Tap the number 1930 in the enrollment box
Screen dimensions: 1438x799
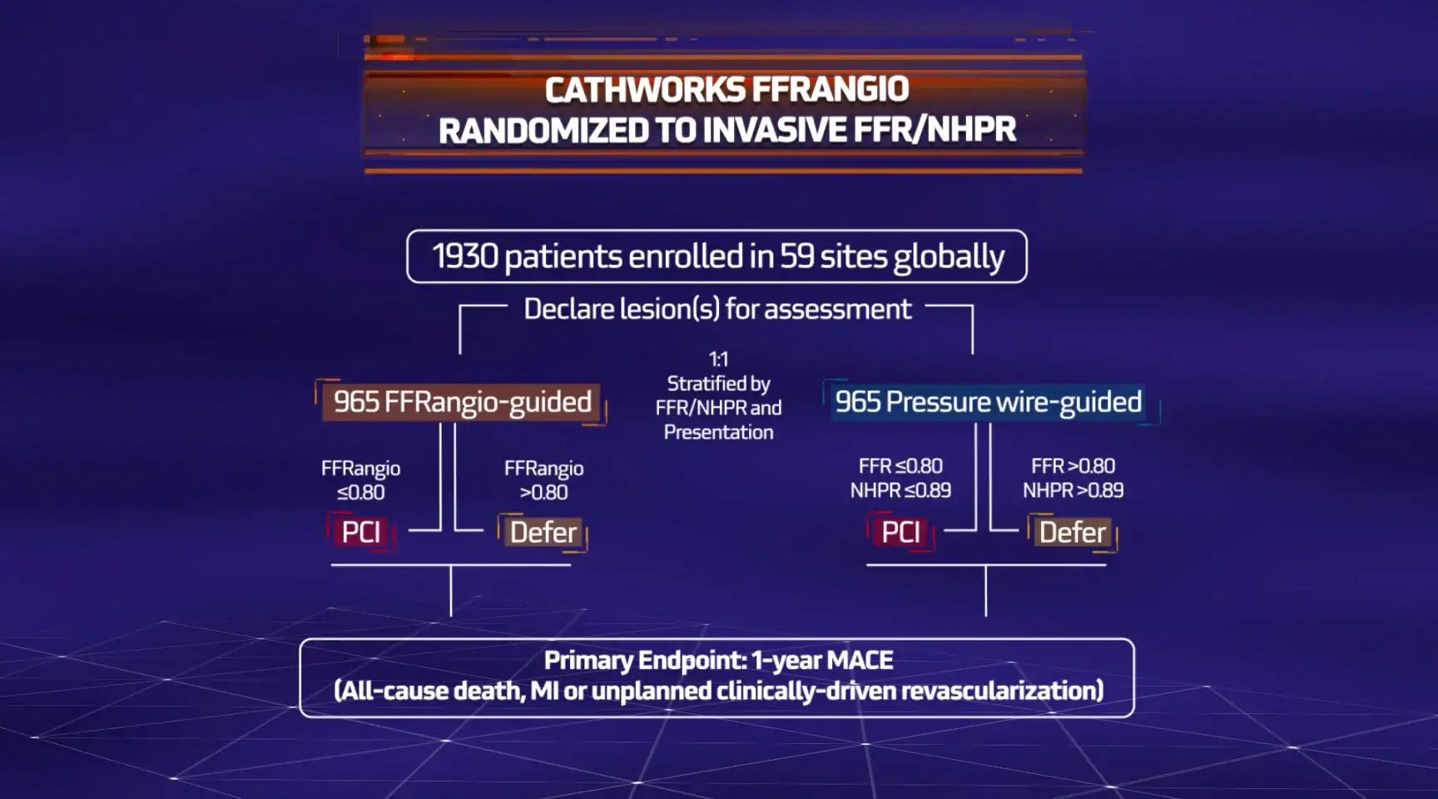pyautogui.click(x=464, y=256)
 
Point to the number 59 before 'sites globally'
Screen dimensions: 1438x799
pyautogui.click(x=796, y=256)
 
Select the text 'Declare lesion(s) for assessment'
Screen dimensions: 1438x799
pyautogui.click(x=717, y=309)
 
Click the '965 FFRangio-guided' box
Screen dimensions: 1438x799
pyautogui.click(x=462, y=402)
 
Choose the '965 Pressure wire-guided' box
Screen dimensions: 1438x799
pyautogui.click(x=989, y=402)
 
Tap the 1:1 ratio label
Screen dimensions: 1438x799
pyautogui.click(x=718, y=360)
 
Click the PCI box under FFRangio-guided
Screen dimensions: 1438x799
pyautogui.click(x=361, y=533)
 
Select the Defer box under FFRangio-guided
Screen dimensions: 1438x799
pyautogui.click(x=543, y=533)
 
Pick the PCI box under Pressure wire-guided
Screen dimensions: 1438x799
pyautogui.click(x=900, y=533)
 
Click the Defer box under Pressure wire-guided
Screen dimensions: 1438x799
pyautogui.click(x=1073, y=533)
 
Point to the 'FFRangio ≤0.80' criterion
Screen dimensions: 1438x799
pyautogui.click(x=361, y=480)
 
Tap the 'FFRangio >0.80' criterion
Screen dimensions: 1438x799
pyautogui.click(x=544, y=480)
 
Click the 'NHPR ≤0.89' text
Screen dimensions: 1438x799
pyautogui.click(x=900, y=491)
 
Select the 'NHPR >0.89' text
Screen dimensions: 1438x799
pyautogui.click(x=1074, y=491)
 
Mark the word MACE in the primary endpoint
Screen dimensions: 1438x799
pyautogui.click(x=860, y=661)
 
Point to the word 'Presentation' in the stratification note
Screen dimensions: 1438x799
pyautogui.click(x=719, y=433)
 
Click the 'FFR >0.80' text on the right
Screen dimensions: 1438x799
pyautogui.click(x=1074, y=467)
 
